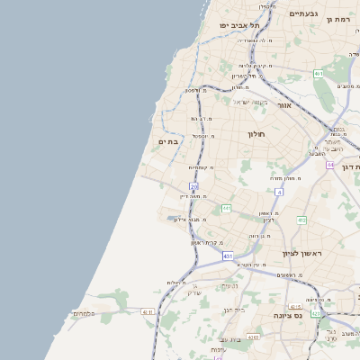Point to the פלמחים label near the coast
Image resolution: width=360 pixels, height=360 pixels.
coord(107,314)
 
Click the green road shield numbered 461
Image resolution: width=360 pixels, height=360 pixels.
coord(319,74)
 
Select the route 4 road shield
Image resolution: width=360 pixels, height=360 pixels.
coord(279,193)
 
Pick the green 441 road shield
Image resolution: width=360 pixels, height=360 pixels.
coord(227,209)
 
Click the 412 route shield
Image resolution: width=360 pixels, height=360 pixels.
coord(301,220)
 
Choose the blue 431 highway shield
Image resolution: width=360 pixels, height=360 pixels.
coord(228,256)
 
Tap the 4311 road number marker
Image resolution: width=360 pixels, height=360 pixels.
coord(148,311)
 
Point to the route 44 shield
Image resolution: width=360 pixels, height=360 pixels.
coord(331,166)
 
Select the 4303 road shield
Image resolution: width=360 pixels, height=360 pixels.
coord(253,337)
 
